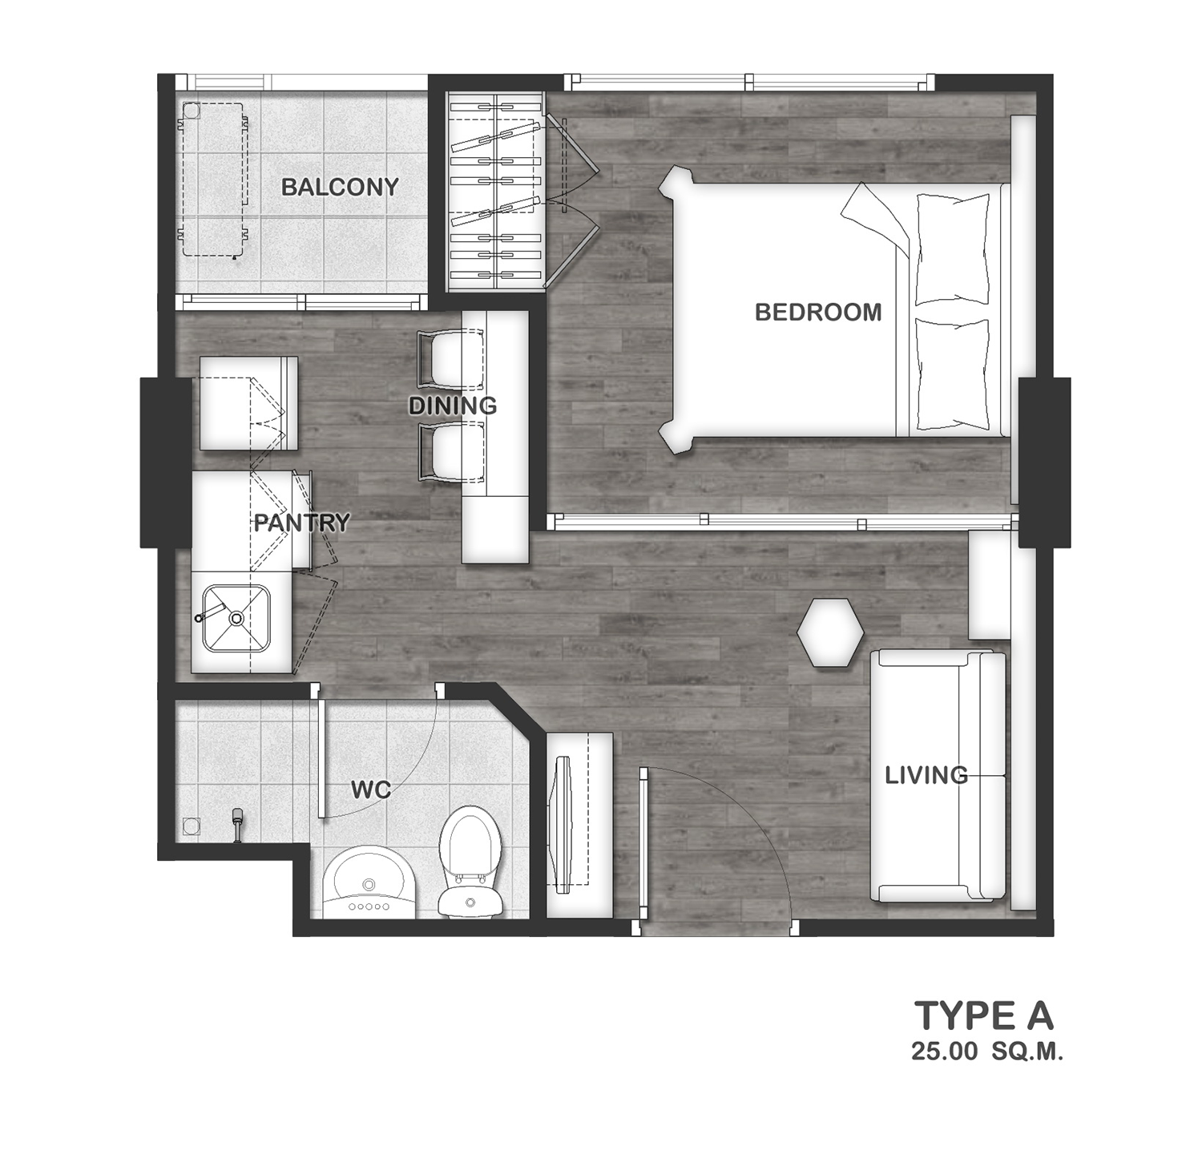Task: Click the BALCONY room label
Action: [340, 187]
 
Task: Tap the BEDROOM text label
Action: [818, 312]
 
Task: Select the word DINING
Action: [453, 406]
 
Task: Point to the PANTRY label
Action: [302, 523]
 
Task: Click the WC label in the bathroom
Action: [371, 790]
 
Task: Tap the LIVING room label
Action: [926, 775]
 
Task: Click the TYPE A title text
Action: [984, 1016]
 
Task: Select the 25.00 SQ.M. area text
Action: [987, 1052]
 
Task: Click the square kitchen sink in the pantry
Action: [236, 618]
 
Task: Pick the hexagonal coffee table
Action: [830, 632]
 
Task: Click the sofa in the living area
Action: [938, 775]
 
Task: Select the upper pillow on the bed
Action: [952, 249]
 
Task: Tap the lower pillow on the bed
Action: [952, 375]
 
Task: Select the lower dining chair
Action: [450, 452]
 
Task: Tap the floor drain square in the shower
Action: [191, 826]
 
